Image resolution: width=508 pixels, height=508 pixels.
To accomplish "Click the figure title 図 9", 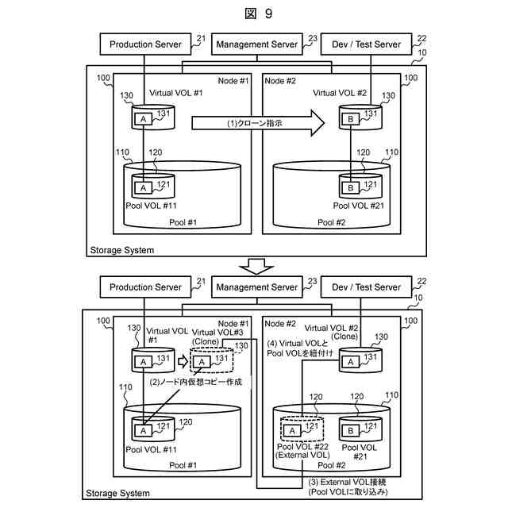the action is [x=258, y=13].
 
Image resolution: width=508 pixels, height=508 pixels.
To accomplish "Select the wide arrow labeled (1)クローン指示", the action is [x=258, y=123].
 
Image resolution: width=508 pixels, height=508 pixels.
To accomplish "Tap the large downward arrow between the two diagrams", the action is [x=256, y=267].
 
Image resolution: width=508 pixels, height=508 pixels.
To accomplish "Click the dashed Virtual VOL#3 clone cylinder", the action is [x=212, y=360].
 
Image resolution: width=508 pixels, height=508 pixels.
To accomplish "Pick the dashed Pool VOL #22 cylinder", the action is [x=302, y=429].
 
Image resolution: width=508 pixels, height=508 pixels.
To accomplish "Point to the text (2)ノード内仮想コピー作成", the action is [x=196, y=382].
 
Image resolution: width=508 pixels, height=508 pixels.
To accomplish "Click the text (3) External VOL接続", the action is [x=347, y=482].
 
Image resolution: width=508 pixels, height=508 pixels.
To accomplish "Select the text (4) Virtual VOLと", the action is [x=298, y=344].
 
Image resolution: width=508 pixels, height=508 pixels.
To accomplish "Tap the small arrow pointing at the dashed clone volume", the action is [x=183, y=362].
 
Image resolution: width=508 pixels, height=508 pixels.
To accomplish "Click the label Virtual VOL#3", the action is [x=217, y=333].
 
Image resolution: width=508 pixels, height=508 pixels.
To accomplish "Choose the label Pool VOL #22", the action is [x=302, y=446].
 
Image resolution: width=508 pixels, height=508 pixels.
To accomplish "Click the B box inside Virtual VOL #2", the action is [x=351, y=119].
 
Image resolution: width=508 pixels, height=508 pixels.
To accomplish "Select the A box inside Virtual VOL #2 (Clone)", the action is [x=351, y=362].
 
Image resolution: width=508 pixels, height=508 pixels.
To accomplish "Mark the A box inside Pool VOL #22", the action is [x=292, y=431].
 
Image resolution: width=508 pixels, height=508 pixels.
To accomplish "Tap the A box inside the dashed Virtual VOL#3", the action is [x=202, y=362].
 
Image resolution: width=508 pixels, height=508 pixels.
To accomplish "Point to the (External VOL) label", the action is [x=302, y=455].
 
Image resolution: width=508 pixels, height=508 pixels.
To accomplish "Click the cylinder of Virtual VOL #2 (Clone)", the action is [x=360, y=360].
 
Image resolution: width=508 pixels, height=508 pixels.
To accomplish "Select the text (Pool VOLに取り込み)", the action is [x=348, y=492].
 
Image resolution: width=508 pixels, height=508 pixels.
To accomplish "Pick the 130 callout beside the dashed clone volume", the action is [x=241, y=346].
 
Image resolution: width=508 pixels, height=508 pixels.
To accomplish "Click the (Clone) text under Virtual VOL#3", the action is [x=206, y=341].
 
